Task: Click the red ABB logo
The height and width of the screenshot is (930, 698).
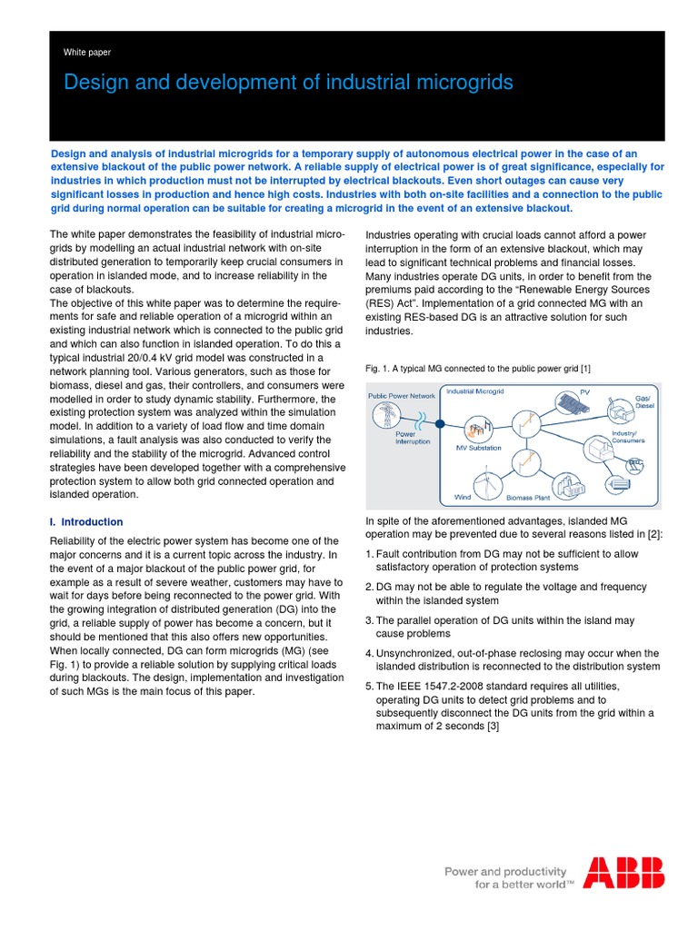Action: (623, 873)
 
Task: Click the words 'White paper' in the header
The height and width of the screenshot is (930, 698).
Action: (87, 53)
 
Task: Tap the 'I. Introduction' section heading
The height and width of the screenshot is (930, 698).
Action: (85, 522)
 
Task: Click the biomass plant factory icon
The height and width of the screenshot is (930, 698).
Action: (558, 485)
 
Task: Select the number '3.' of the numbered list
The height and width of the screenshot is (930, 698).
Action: (369, 620)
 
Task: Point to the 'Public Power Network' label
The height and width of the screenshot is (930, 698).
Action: (402, 396)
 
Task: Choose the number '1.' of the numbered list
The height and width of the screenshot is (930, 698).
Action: (369, 554)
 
